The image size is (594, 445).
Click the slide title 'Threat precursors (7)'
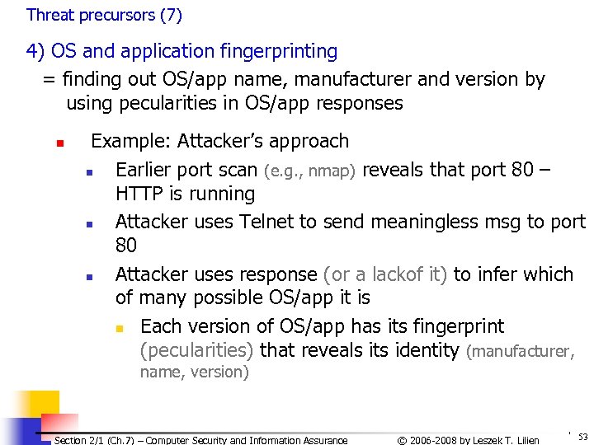[x=104, y=15]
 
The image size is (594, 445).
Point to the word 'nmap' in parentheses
[x=331, y=171]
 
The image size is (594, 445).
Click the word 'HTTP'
[x=141, y=194]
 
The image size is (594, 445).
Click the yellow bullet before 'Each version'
[x=119, y=329]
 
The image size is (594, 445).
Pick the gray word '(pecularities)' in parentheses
[x=197, y=350]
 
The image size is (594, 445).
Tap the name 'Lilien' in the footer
[x=523, y=440]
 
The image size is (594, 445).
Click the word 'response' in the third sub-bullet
[x=277, y=274]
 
